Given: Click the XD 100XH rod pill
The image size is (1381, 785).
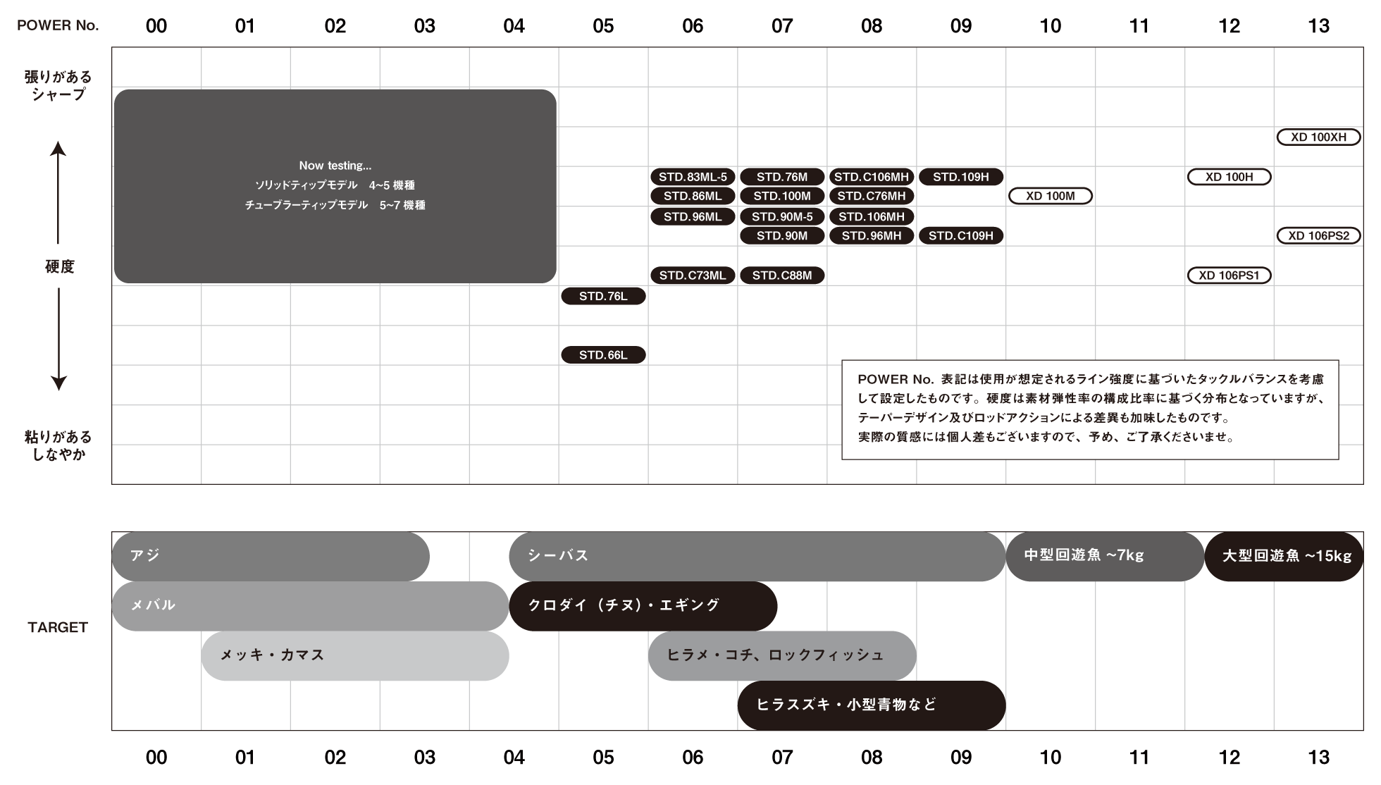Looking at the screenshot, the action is [1318, 137].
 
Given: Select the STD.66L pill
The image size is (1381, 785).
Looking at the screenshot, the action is [603, 355].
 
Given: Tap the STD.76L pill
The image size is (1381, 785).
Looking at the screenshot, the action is [603, 297].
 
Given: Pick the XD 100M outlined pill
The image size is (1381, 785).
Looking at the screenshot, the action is [1051, 196].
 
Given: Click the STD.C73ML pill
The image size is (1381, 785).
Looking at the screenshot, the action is [693, 276].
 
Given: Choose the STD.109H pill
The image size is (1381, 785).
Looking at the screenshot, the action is [961, 177].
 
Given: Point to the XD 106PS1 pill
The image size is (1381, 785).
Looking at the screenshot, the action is [1230, 276].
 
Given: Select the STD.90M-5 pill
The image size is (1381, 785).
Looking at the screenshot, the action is [782, 216].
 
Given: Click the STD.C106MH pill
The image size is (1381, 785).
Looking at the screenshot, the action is [872, 177].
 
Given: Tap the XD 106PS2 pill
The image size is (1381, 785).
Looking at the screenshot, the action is [1318, 235].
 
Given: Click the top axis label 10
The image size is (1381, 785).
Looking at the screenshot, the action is [1050, 26].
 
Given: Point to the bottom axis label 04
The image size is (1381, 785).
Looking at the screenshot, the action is [514, 758].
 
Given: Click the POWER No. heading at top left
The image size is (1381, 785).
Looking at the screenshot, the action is [58, 26].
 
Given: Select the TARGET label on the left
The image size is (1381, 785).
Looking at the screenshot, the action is [58, 627].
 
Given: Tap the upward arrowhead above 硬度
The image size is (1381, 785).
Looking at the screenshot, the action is [58, 149].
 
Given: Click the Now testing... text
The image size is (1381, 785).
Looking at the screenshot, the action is [335, 166].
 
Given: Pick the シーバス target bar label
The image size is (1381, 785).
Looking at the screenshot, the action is [557, 555].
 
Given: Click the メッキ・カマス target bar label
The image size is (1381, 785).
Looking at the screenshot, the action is [272, 655].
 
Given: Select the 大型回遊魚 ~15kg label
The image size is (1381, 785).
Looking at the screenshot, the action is [1287, 556].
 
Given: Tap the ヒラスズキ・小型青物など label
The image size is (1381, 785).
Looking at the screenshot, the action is [846, 705].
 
